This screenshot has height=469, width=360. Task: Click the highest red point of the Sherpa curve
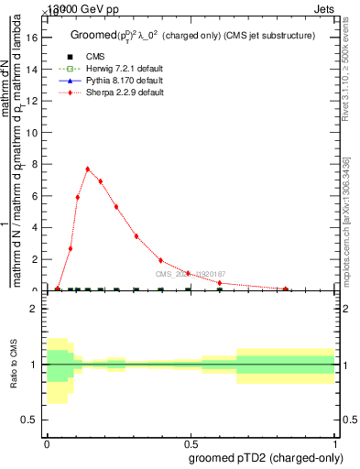(x=88, y=169)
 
